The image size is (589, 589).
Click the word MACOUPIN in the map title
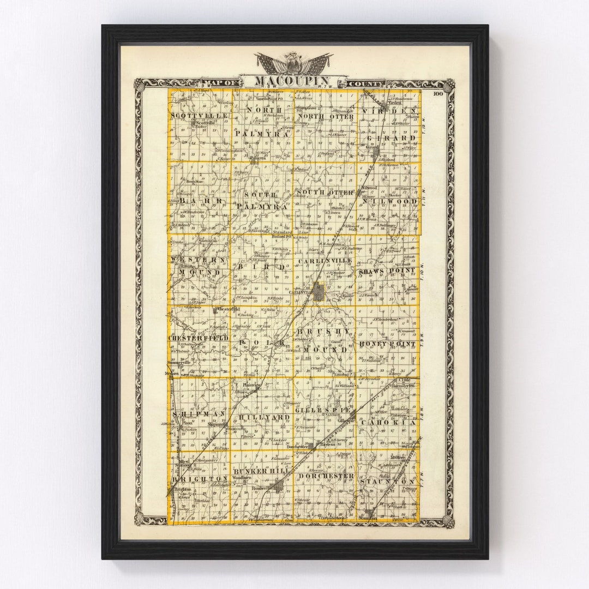click(x=292, y=81)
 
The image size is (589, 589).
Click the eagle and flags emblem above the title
click(x=293, y=63)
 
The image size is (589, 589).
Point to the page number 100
click(x=438, y=94)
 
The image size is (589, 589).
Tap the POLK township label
click(x=262, y=342)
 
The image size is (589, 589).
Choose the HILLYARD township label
click(x=265, y=417)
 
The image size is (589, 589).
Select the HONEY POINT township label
click(x=388, y=344)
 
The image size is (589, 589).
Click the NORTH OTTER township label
click(x=325, y=116)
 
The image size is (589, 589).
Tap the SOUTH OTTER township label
click(x=325, y=193)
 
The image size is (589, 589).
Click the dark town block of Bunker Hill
click(x=279, y=485)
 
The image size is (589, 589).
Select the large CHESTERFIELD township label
click(x=199, y=338)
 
